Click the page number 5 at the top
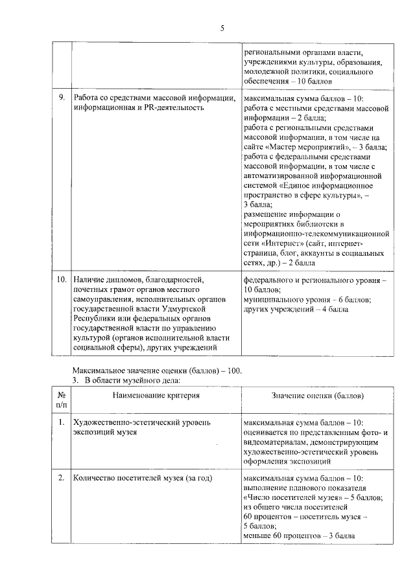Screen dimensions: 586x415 coord(222,28)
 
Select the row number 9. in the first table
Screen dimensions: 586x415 coord(60,98)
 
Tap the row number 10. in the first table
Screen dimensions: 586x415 coord(62,280)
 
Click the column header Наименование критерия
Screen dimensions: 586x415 coord(155,395)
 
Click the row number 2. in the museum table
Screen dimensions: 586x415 coord(61,478)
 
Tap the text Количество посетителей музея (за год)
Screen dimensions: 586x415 coord(143,478)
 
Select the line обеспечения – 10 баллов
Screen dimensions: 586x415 coord(288,82)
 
